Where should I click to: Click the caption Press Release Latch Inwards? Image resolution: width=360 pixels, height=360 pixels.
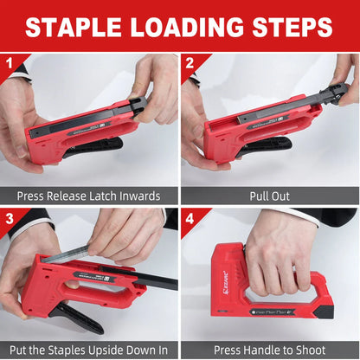(x=89, y=196)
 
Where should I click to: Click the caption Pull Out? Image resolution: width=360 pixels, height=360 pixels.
(x=270, y=196)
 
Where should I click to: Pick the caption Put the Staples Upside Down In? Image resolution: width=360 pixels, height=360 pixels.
(x=89, y=350)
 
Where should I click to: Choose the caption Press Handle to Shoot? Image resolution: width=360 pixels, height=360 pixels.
(x=270, y=350)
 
